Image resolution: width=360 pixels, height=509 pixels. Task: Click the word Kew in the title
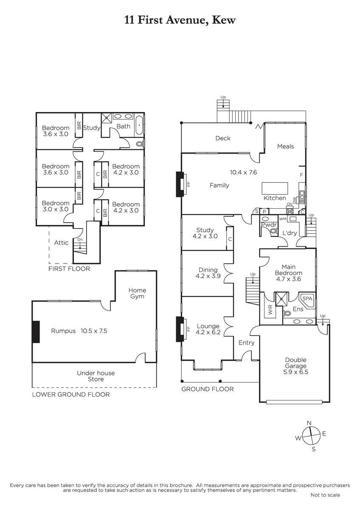(224, 20)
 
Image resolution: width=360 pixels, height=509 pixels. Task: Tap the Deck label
(223, 138)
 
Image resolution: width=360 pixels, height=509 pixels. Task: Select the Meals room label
(285, 146)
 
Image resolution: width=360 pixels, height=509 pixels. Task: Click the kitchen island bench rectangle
(275, 188)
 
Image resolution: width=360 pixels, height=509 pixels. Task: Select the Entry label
(246, 343)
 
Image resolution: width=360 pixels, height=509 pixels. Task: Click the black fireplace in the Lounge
(180, 329)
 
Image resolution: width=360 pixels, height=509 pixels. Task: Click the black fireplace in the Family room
(180, 184)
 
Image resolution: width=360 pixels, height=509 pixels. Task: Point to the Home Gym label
(137, 293)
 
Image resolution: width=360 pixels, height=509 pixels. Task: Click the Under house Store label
(96, 376)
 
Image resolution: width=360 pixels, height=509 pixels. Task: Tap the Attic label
(61, 243)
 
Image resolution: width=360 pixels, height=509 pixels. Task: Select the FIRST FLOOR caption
(69, 269)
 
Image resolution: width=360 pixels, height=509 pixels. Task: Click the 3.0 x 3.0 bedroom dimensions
(56, 209)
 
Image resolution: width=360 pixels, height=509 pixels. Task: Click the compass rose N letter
(309, 423)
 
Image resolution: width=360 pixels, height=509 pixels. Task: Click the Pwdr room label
(269, 225)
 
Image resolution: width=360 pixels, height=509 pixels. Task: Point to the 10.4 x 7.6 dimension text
(243, 172)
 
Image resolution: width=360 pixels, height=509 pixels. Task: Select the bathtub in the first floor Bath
(139, 125)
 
